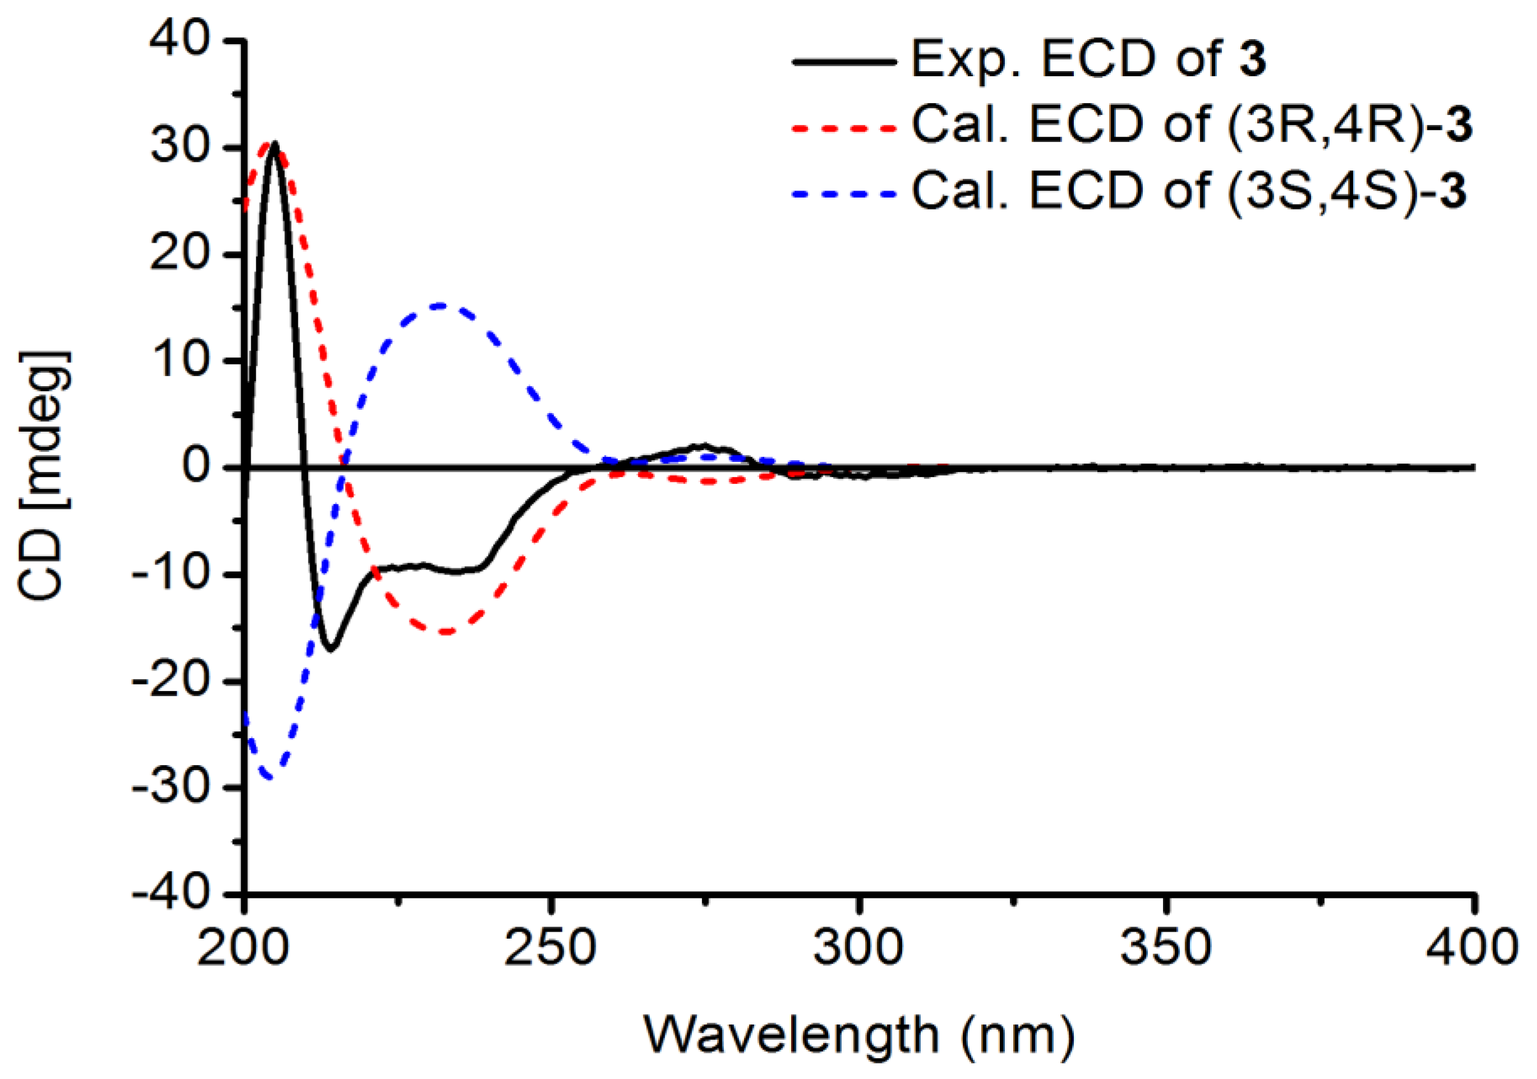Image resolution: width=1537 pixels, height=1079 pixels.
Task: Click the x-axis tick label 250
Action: coord(550,948)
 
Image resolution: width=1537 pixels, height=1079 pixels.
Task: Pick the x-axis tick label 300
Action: coord(858,948)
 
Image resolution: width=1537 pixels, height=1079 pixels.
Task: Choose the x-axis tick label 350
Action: coord(1165,948)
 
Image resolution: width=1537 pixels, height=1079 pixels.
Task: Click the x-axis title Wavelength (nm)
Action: coord(860,1035)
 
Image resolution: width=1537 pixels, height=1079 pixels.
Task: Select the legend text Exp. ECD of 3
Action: coord(1088,59)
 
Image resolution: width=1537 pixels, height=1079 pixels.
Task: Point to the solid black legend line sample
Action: coord(843,62)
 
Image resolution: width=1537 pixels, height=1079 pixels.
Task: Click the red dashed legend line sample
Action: coord(843,127)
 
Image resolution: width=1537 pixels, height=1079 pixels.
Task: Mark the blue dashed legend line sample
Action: coord(843,194)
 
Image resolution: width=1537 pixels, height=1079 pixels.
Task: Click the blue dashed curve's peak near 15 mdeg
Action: coord(439,305)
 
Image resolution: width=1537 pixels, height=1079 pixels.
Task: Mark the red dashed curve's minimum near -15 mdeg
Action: coord(445,632)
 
